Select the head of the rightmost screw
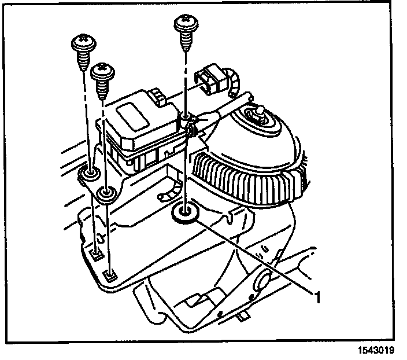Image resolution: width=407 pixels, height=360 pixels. click(185, 24)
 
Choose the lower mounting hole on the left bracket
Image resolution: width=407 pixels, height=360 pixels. click(105, 192)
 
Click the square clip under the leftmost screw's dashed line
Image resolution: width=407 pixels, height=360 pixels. click(97, 252)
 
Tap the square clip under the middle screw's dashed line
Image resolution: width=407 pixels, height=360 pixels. click(111, 274)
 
